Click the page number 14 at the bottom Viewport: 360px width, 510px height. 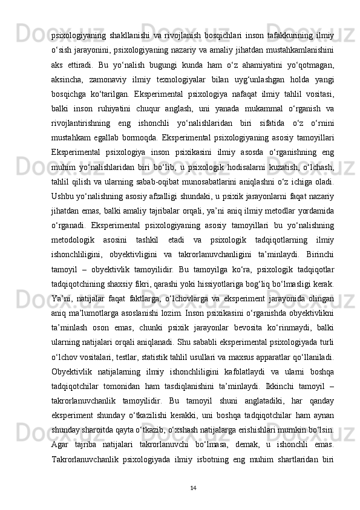tap(193, 487)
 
